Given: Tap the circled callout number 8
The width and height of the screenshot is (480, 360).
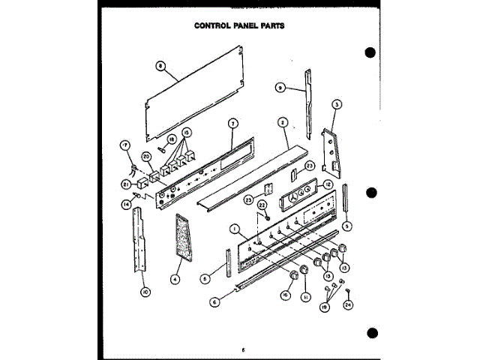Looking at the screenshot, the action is [159, 64].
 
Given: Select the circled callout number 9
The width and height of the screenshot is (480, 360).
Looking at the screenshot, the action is [280, 88].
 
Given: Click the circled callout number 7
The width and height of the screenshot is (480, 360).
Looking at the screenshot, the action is [232, 123].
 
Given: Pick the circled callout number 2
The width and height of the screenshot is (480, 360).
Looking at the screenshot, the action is [283, 122].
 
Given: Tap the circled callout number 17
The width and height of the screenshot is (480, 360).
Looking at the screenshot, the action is [124, 144].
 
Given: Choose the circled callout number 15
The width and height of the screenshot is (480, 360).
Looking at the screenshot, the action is [185, 132].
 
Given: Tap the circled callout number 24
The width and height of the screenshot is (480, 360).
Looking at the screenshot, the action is [348, 304].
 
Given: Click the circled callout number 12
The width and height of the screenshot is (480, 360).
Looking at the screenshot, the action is [328, 184].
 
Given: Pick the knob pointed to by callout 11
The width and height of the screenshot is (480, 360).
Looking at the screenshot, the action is [305, 269].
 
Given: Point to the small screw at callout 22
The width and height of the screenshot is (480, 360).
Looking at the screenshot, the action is [264, 216].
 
